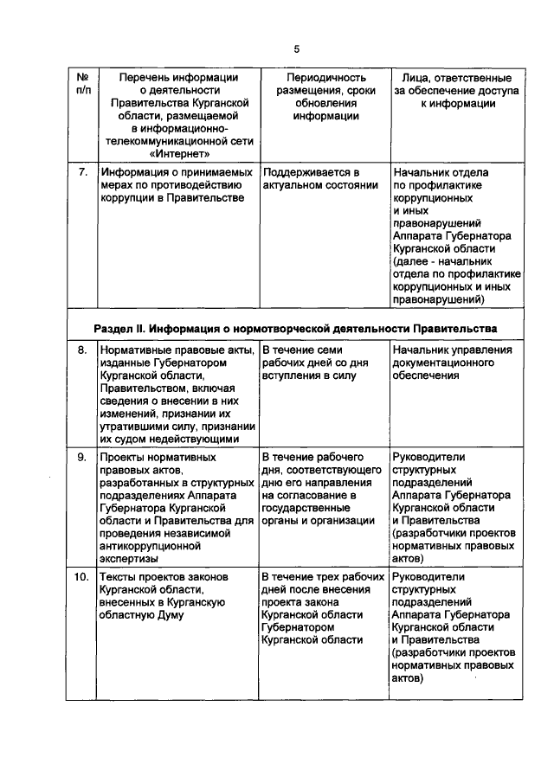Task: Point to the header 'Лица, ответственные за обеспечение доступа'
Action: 457,90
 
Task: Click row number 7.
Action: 81,172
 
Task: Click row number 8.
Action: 81,350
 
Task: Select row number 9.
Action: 81,456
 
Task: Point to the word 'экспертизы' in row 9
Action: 134,559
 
